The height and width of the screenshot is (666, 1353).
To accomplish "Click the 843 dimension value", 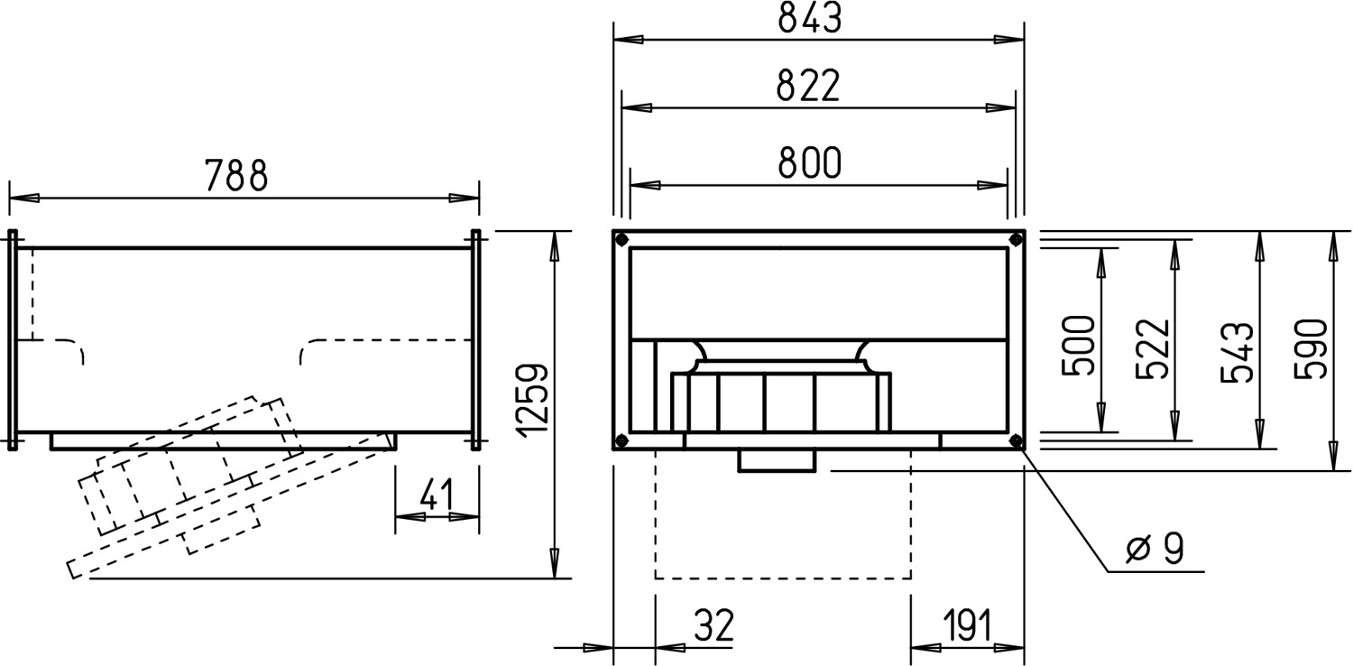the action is (809, 18).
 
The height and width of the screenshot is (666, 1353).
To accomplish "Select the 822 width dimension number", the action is (808, 86).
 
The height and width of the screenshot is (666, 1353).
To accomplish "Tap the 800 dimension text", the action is (809, 162).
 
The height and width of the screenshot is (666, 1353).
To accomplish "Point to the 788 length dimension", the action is (236, 175).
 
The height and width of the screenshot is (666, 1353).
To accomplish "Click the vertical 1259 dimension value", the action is (533, 398).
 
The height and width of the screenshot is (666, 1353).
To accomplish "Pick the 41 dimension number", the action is (436, 495).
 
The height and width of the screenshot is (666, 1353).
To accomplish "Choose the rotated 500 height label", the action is (1079, 347).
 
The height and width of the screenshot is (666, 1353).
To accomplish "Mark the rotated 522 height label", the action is (1153, 349).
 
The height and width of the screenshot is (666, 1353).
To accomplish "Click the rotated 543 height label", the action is (1237, 353).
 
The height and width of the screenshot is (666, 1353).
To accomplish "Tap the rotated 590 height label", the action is (1312, 349).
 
